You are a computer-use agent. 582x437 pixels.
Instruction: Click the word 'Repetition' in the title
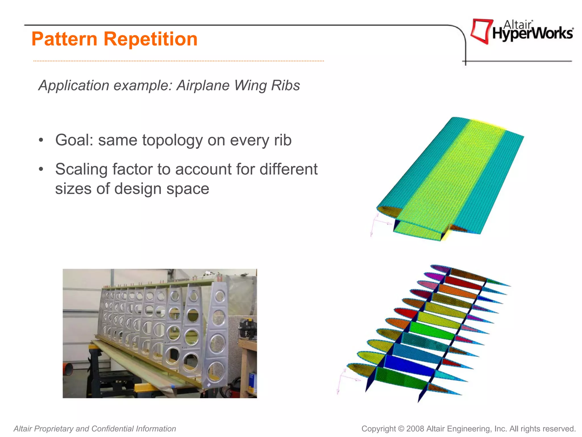pyautogui.click(x=150, y=39)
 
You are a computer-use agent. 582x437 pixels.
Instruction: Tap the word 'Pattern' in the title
pyautogui.click(x=65, y=39)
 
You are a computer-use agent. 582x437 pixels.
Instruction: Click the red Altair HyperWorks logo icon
pyautogui.click(x=481, y=31)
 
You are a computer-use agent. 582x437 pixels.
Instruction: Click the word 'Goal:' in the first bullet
pyautogui.click(x=74, y=140)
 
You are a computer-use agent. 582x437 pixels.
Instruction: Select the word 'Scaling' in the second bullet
pyautogui.click(x=81, y=169)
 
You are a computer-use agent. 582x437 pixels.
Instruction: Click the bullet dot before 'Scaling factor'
pyautogui.click(x=41, y=169)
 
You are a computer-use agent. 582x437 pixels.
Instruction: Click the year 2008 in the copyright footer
pyautogui.click(x=415, y=429)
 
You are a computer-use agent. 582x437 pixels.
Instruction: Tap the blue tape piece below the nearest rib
pyautogui.click(x=173, y=386)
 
